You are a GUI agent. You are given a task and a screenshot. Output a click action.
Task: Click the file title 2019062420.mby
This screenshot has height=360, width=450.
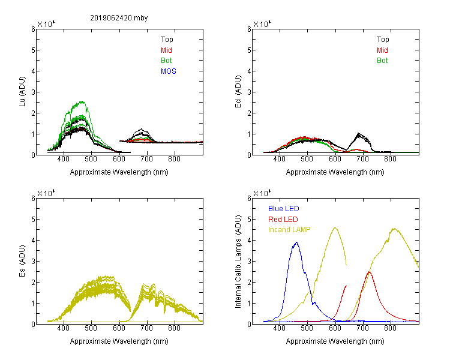(x=119, y=18)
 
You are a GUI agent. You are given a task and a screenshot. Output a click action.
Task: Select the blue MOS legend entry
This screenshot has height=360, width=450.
(x=169, y=71)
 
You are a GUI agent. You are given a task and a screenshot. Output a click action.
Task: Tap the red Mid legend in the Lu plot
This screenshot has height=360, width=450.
(x=166, y=50)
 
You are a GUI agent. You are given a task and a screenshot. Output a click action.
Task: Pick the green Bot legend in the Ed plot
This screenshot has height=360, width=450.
(x=382, y=61)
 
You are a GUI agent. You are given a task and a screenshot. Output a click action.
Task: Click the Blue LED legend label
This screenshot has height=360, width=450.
(x=284, y=209)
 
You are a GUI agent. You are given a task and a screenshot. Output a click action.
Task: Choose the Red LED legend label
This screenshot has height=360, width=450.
(x=283, y=220)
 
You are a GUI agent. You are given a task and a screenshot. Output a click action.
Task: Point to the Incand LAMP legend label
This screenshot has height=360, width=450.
(x=289, y=230)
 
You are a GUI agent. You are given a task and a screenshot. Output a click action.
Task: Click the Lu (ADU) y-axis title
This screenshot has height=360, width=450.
(x=22, y=92)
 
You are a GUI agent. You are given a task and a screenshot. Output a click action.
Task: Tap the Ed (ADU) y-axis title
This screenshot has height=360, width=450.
(x=238, y=92)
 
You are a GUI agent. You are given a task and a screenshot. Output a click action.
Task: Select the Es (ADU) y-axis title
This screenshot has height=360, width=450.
(x=22, y=261)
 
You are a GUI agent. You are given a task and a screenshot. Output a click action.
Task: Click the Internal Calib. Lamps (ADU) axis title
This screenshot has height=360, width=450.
(x=238, y=262)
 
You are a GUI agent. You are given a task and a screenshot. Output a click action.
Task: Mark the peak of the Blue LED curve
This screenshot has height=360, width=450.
(x=296, y=242)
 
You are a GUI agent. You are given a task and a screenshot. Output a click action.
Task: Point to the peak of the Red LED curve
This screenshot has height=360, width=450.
(x=369, y=272)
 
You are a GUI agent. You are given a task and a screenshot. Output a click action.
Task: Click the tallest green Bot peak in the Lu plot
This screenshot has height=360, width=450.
(x=82, y=101)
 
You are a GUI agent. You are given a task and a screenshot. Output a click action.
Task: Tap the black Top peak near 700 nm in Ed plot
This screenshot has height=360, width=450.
(x=358, y=133)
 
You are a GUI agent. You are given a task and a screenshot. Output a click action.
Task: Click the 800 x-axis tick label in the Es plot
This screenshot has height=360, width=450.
(x=174, y=328)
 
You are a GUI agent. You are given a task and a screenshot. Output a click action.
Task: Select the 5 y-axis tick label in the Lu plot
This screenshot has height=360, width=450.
(x=33, y=50)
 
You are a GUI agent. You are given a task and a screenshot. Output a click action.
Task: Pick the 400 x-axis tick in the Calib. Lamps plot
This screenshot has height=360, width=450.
(x=279, y=328)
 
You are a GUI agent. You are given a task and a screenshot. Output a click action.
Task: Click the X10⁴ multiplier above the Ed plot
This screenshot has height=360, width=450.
(x=262, y=24)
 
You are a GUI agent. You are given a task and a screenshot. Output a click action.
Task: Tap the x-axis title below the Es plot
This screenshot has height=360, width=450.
(x=119, y=341)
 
